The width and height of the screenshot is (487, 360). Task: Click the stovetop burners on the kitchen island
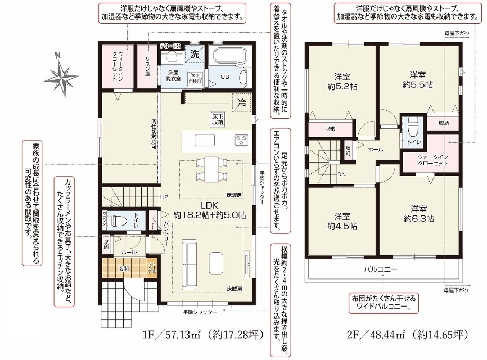pos(241,140)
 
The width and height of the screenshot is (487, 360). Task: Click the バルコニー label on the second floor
pos(380,269)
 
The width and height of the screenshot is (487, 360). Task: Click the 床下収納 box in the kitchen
pos(218,119)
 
